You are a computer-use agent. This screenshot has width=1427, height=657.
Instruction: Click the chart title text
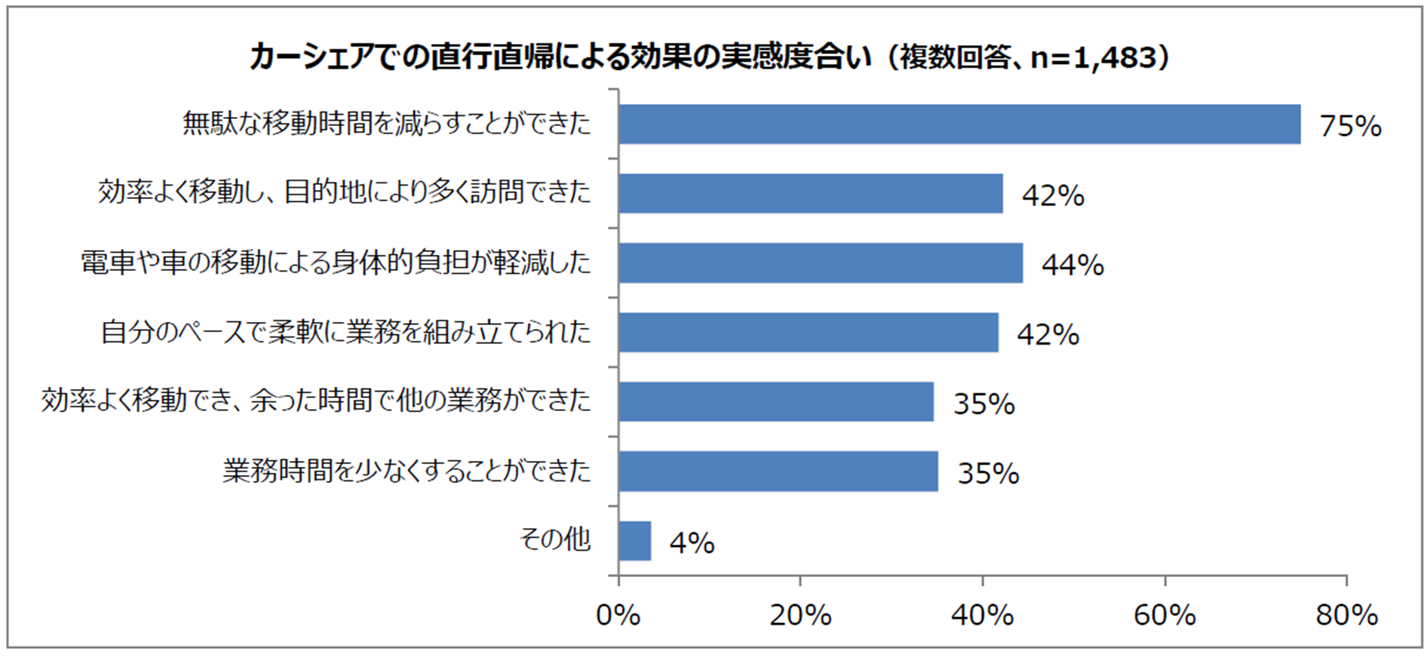[x=709, y=57]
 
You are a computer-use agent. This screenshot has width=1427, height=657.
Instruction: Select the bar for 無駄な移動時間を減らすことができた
[x=959, y=124]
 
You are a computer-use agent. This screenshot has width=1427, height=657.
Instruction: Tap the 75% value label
[x=1350, y=126]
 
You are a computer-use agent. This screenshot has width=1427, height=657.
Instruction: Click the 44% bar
[x=820, y=263]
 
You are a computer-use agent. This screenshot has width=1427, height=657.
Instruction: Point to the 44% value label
[x=1073, y=265]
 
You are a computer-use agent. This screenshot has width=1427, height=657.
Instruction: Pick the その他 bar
[x=634, y=541]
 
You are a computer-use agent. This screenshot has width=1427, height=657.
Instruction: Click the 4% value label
[x=692, y=543]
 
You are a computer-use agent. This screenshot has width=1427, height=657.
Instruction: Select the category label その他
[x=555, y=539]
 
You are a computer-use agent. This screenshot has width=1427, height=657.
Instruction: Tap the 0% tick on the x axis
[x=618, y=616]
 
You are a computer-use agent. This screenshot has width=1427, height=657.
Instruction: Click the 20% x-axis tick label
[x=800, y=616]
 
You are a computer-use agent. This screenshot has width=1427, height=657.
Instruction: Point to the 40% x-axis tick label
[x=982, y=616]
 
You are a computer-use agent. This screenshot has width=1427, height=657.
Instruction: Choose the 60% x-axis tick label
[x=1165, y=616]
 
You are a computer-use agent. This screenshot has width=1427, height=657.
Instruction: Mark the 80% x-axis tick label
[x=1346, y=616]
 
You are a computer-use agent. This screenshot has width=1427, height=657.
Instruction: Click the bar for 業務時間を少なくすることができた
[x=778, y=471]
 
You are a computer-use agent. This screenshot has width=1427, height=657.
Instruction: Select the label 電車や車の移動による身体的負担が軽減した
[x=336, y=262]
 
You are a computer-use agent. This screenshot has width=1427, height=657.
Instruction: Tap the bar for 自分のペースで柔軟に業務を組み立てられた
[x=808, y=333]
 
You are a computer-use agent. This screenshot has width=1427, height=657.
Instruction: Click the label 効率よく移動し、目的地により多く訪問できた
[x=345, y=192]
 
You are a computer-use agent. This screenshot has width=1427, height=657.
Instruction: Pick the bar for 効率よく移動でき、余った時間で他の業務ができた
[x=775, y=401]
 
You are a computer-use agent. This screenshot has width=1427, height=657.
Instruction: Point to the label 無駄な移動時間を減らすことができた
[x=387, y=123]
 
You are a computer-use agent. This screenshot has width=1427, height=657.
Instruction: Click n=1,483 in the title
[x=1093, y=58]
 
